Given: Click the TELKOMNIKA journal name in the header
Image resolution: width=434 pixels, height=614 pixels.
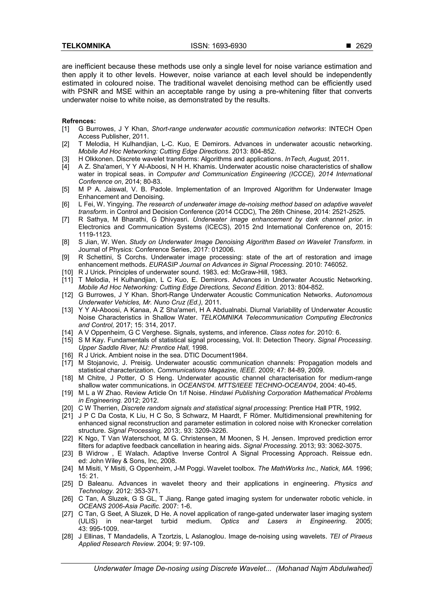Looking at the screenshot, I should point(86,46).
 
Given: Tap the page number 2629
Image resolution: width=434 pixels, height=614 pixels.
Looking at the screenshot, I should point(364,46).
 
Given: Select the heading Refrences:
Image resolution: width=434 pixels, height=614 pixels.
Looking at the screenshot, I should point(79,121).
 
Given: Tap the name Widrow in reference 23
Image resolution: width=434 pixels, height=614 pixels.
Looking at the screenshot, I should point(97,454).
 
